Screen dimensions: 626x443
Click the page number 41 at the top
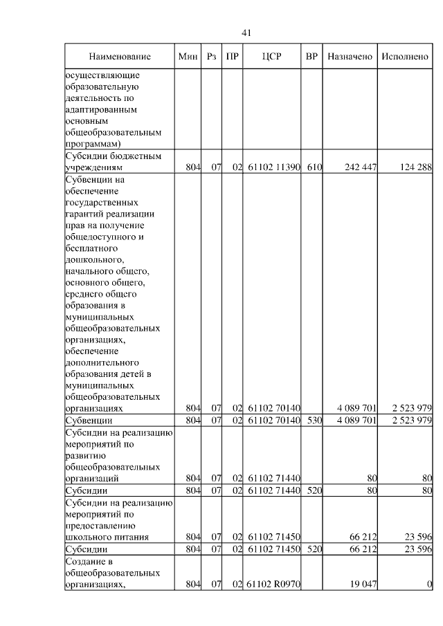click(x=246, y=33)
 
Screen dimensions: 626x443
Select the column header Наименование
click(x=119, y=56)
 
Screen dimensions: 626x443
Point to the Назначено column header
click(x=350, y=56)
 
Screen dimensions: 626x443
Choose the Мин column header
click(x=188, y=56)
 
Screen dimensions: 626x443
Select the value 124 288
click(x=415, y=167)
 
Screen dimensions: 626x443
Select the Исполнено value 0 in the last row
click(x=429, y=584)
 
